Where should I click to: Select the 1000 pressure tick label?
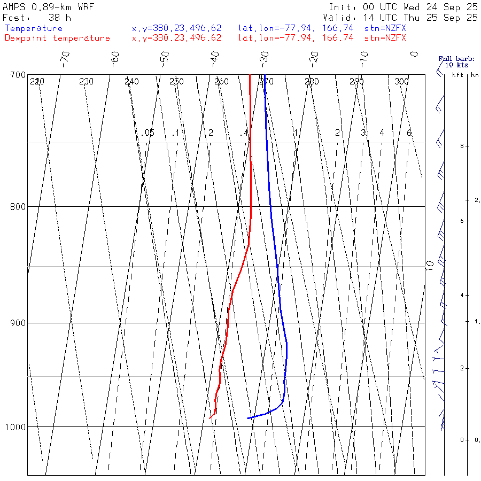point(15,427)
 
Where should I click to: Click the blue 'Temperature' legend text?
point(34,28)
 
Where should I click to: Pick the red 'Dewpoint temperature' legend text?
point(57,38)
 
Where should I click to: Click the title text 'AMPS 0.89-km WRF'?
point(48,7)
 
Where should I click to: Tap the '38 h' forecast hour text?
point(59,18)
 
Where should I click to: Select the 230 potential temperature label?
point(86,82)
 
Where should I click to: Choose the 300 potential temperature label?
point(401,82)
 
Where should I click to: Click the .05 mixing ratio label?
point(149,133)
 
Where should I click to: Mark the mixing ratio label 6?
point(409,133)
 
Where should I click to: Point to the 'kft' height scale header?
point(457,75)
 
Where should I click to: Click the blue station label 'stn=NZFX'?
point(385,28)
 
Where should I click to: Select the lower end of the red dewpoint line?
point(212,416)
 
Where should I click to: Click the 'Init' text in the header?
point(343,7)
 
